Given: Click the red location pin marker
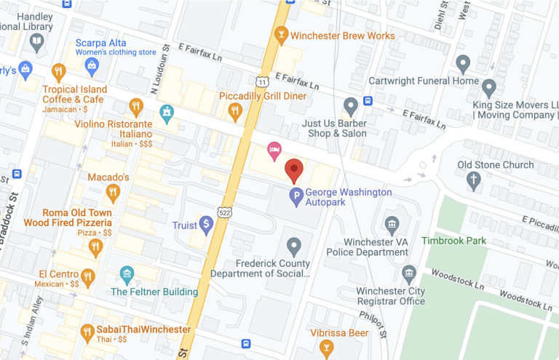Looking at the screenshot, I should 293,170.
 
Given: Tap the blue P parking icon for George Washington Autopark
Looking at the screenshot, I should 296,195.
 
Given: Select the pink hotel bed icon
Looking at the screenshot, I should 274,151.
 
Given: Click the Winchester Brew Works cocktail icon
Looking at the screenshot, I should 280,36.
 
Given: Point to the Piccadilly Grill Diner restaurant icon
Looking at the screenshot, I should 234,111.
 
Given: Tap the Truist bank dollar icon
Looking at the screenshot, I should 207,225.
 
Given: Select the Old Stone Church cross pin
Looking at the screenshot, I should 475,180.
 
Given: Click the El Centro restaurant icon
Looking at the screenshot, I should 88,276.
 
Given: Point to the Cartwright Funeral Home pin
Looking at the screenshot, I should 462,65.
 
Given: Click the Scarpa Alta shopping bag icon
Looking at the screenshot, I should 92,68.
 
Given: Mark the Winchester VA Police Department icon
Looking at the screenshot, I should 392,224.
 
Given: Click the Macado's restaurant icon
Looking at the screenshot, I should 112,193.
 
